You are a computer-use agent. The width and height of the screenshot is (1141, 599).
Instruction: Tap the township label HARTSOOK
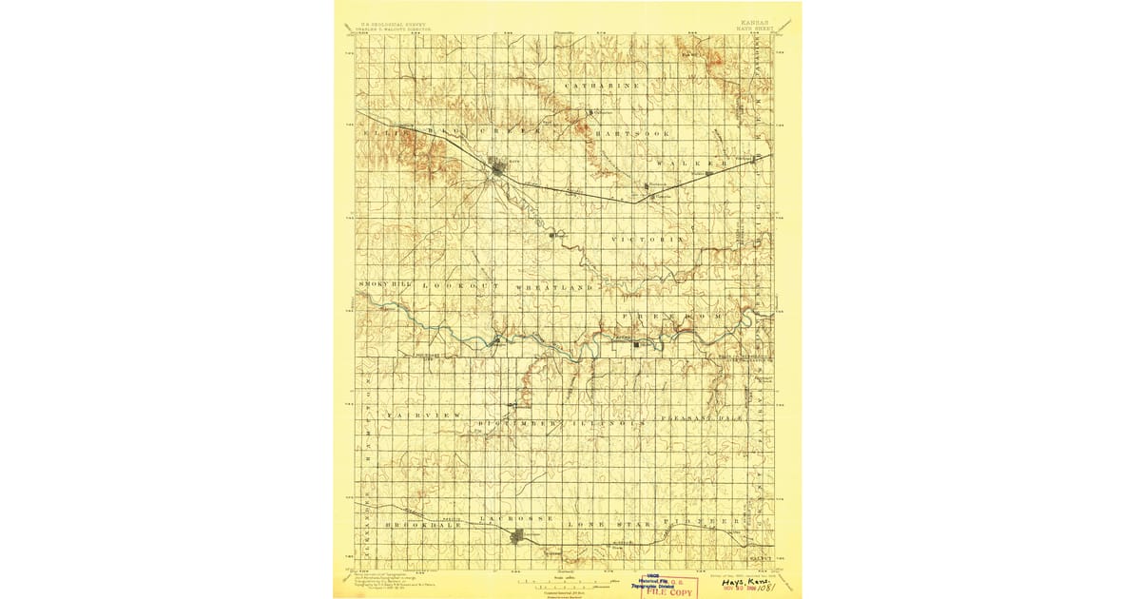[632, 134]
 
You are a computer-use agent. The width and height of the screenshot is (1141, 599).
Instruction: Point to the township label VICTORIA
[648, 238]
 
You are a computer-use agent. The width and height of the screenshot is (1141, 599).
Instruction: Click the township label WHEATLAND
[554, 286]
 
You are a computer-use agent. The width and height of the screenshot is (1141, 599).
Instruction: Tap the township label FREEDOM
[672, 315]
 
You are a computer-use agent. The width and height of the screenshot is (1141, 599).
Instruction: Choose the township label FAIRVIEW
[422, 416]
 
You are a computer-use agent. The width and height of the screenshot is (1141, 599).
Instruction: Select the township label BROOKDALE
[422, 524]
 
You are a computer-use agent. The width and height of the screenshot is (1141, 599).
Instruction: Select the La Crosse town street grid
[520, 537]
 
